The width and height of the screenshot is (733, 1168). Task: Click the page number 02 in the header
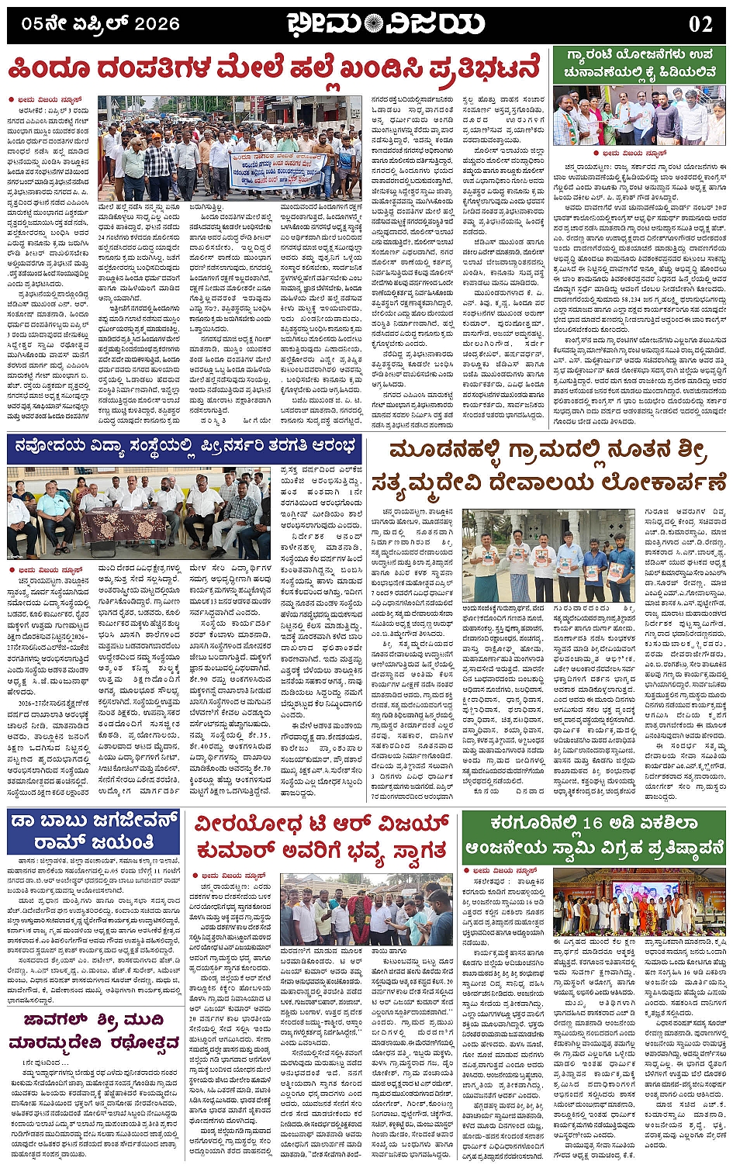point(700,24)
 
